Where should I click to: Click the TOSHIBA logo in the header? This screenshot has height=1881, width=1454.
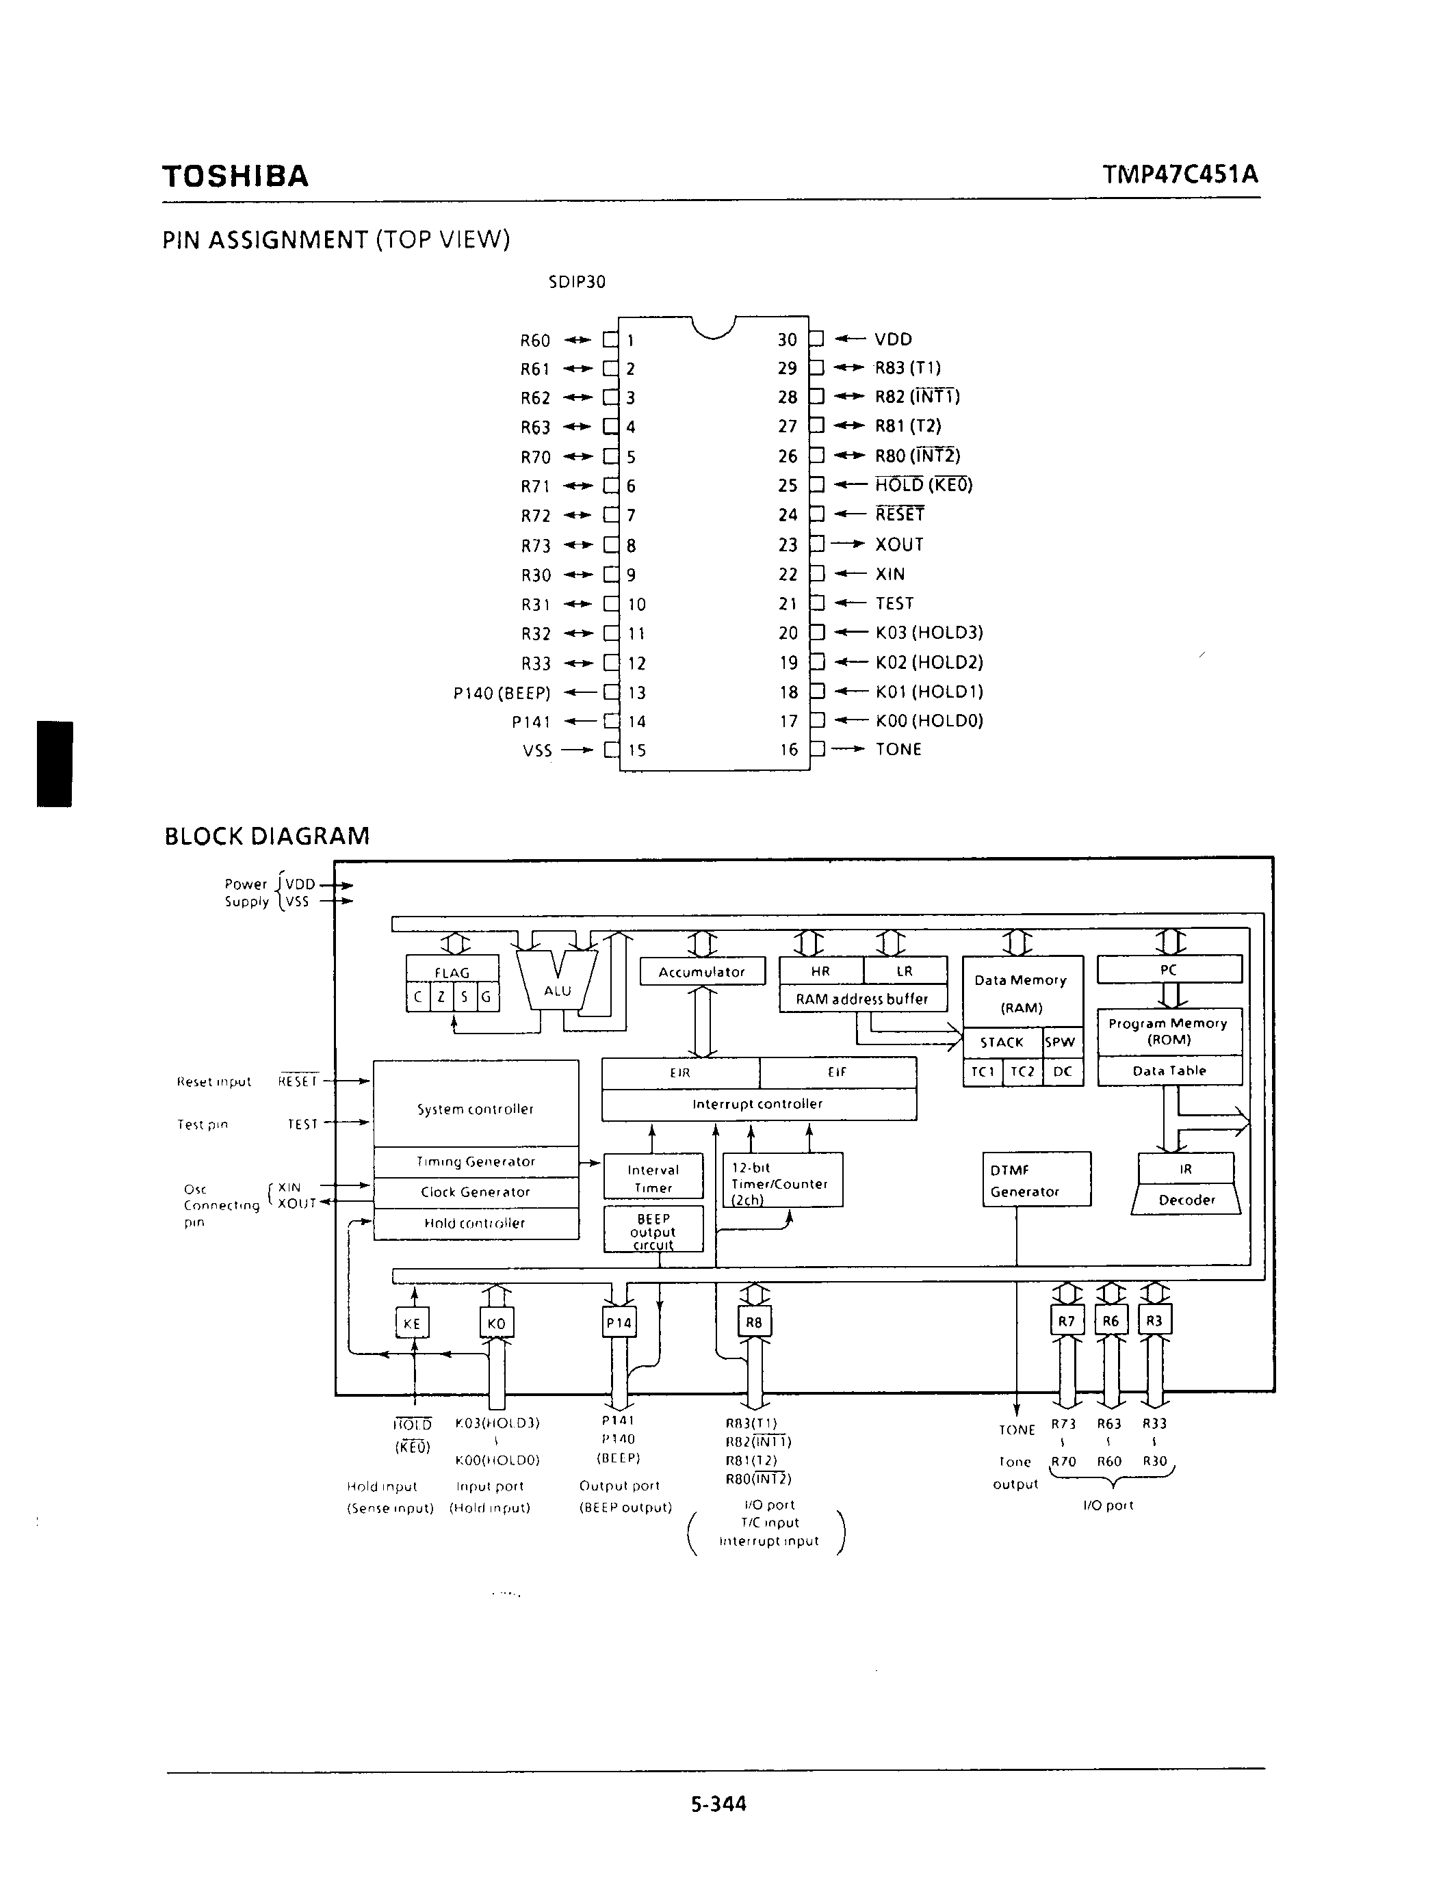pyautogui.click(x=235, y=176)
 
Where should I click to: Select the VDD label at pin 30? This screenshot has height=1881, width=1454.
pyautogui.click(x=893, y=339)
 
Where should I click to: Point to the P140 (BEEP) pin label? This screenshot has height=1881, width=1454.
pyautogui.click(x=502, y=692)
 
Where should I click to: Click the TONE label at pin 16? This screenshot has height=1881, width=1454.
pyautogui.click(x=898, y=749)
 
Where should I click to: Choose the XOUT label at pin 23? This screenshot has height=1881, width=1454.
pyautogui.click(x=899, y=544)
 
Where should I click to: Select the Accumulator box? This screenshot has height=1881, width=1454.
pyautogui.click(x=702, y=971)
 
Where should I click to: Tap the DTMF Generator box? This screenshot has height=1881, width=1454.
pyautogui.click(x=1036, y=1180)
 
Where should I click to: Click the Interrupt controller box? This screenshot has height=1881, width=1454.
pyautogui.click(x=758, y=1104)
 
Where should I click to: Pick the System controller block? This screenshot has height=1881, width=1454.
pyautogui.click(x=476, y=1109)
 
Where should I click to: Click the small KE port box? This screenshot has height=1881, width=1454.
pyautogui.click(x=412, y=1323)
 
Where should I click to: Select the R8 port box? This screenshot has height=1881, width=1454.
pyautogui.click(x=754, y=1322)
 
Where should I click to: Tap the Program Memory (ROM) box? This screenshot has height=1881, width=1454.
pyautogui.click(x=1169, y=1031)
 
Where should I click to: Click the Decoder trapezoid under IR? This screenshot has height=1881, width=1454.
pyautogui.click(x=1186, y=1200)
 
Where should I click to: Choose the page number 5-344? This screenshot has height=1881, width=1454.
pyautogui.click(x=718, y=1804)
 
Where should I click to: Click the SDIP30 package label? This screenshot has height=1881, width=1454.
pyautogui.click(x=577, y=282)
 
